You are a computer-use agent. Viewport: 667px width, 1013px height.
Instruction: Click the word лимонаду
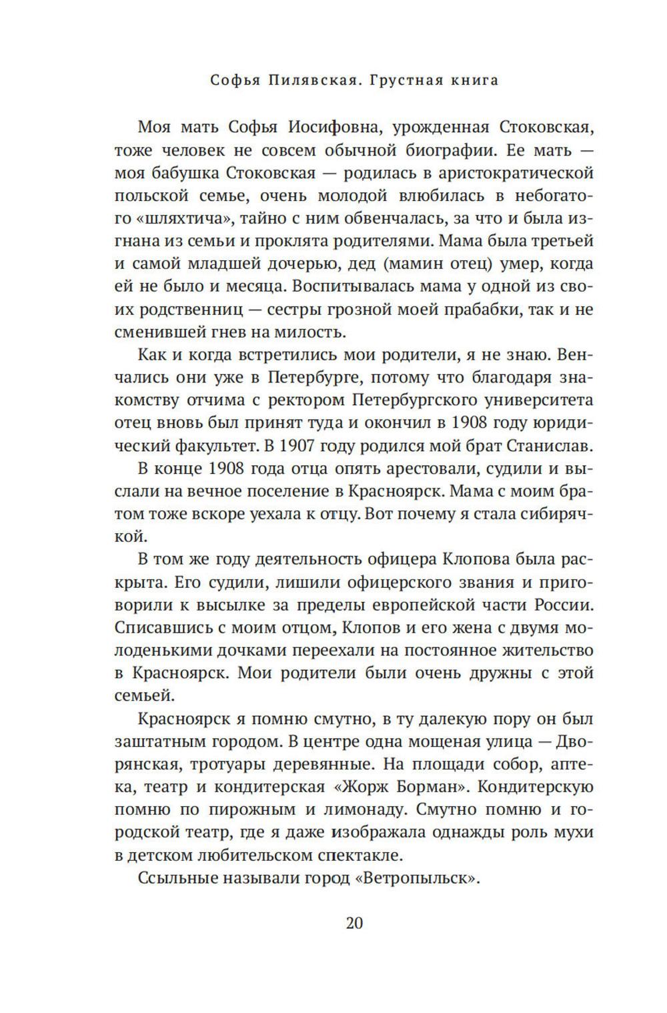pos(348,809)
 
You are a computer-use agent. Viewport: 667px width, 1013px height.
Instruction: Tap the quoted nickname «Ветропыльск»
pos(418,878)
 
